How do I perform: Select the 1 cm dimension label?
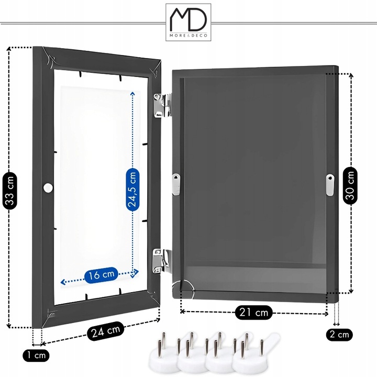36,356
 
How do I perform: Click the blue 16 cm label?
101,274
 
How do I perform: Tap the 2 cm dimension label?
338,334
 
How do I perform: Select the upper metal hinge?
162,105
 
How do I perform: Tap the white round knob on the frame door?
49,187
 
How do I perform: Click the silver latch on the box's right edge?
330,185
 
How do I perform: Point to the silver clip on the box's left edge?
176,184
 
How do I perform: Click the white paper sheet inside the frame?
97,183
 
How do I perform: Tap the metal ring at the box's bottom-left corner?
186,286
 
